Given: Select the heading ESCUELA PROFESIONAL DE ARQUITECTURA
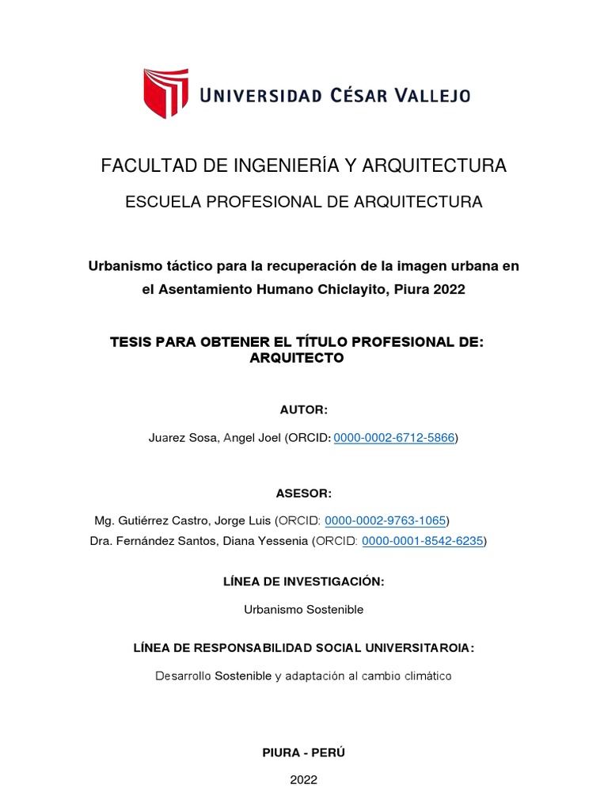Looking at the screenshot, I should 304,202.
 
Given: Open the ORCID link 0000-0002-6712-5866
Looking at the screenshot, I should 394,437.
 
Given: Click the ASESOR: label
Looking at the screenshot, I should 303,493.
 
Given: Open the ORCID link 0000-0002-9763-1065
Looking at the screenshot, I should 386,520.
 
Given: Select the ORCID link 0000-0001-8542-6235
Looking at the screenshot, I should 423,542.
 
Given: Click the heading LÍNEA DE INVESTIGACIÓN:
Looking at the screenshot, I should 304,581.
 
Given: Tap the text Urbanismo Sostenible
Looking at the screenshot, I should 304,610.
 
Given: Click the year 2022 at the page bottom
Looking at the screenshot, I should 304,779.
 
